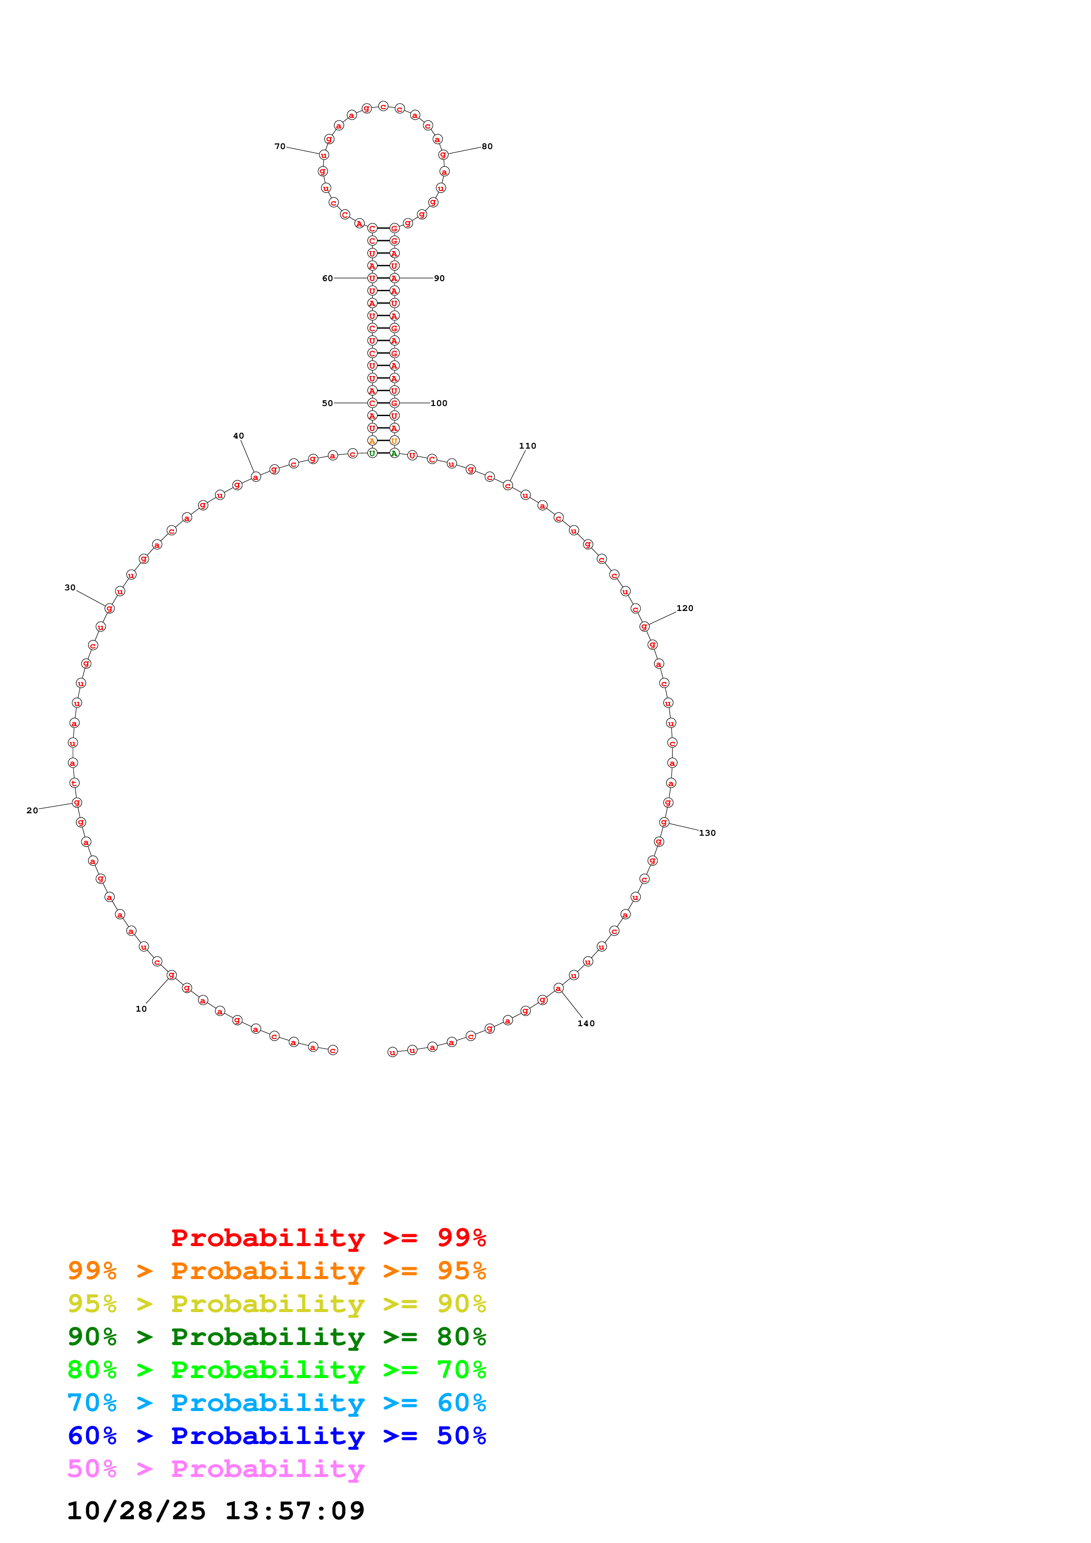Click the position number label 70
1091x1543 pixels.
[x=279, y=146]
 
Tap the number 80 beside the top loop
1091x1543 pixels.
[x=487, y=146]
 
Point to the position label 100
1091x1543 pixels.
[x=438, y=403]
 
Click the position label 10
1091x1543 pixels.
[x=141, y=1009]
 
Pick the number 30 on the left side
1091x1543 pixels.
[x=70, y=587]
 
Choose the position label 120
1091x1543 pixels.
[x=684, y=608]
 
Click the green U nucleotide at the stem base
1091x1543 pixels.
[x=372, y=453]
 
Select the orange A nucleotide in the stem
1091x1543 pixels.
[x=372, y=441]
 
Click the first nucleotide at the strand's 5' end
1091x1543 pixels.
[x=333, y=1050]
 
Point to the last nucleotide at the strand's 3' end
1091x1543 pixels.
[x=393, y=1053]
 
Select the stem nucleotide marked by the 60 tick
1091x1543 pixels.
[x=372, y=278]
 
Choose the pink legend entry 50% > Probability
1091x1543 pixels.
[x=216, y=1469]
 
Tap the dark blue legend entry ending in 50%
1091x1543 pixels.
[x=276, y=1436]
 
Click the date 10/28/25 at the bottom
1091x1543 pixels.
[x=136, y=1511]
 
